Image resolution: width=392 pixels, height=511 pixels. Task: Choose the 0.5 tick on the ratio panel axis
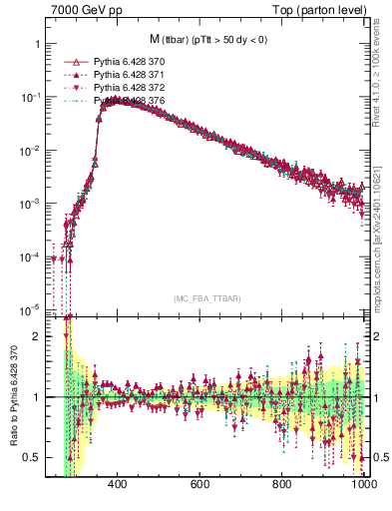click(32, 457)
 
